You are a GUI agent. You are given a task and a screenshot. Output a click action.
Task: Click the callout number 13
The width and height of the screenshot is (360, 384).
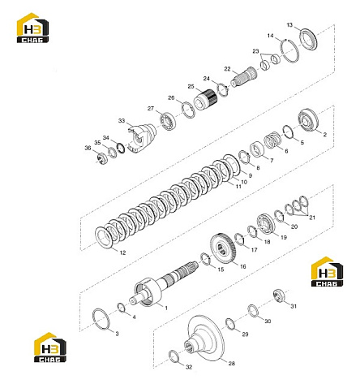click(x=289, y=25)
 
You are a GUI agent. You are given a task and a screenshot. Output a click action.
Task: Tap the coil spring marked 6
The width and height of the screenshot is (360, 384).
click(x=272, y=140)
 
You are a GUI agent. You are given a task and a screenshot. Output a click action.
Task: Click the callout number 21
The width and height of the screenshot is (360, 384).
click(x=312, y=218)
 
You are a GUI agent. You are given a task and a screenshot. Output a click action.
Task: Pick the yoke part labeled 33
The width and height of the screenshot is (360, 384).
click(x=142, y=137)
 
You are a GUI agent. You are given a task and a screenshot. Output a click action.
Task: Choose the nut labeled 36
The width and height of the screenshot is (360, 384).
click(x=102, y=158)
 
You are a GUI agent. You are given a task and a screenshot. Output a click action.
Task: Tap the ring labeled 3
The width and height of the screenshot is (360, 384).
click(x=101, y=319)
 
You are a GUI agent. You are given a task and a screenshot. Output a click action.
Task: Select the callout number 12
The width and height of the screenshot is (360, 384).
click(x=122, y=252)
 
